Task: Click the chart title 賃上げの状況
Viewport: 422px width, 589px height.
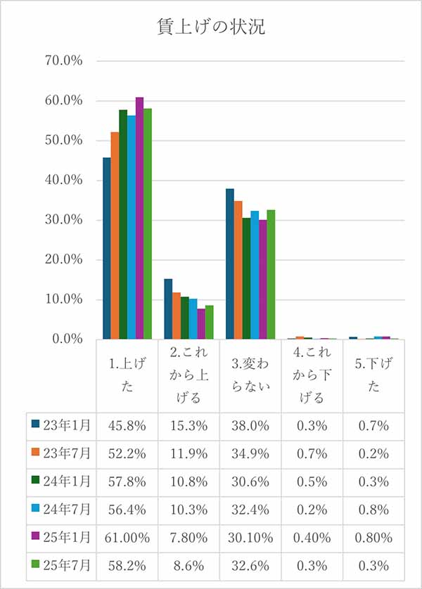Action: (x=211, y=27)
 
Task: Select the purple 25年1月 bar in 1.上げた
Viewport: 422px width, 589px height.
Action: (x=139, y=218)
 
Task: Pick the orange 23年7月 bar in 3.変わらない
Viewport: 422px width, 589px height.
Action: (x=238, y=270)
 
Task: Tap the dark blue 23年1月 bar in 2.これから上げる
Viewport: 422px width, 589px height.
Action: (x=168, y=309)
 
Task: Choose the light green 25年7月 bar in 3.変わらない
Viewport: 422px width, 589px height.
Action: (x=271, y=274)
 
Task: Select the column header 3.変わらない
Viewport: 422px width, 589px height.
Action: (x=250, y=375)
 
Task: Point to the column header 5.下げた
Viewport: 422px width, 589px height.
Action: (x=373, y=375)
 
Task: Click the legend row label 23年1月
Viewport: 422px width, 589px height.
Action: (x=66, y=425)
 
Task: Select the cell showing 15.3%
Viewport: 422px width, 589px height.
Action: (x=189, y=425)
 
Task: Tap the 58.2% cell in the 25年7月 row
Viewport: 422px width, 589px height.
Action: (x=127, y=564)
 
